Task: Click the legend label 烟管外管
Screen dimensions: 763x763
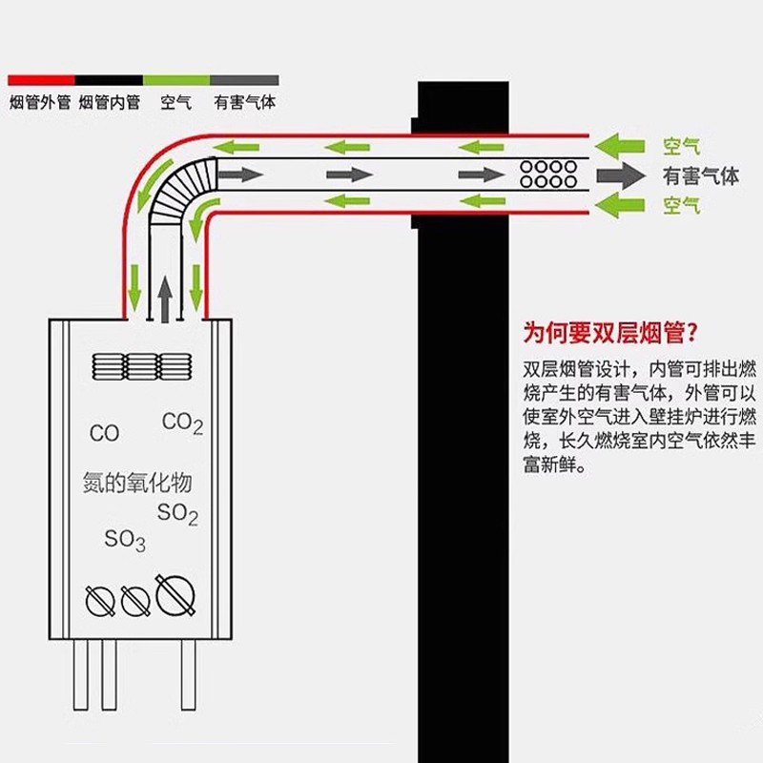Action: [x=39, y=102]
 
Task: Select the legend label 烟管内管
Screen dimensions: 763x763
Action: [x=109, y=102]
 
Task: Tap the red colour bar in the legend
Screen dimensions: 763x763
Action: [x=41, y=80]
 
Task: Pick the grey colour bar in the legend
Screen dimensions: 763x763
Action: [x=245, y=80]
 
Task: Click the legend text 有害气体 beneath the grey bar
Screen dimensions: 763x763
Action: [x=245, y=102]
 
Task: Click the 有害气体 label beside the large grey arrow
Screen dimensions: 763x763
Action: [x=701, y=175]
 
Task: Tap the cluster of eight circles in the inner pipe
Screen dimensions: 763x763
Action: [x=547, y=174]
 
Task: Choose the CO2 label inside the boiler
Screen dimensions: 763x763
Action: [x=182, y=423]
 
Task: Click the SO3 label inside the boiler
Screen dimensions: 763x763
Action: [x=125, y=540]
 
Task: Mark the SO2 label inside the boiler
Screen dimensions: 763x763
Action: [x=177, y=514]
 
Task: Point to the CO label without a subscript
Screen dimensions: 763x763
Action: [x=105, y=434]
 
